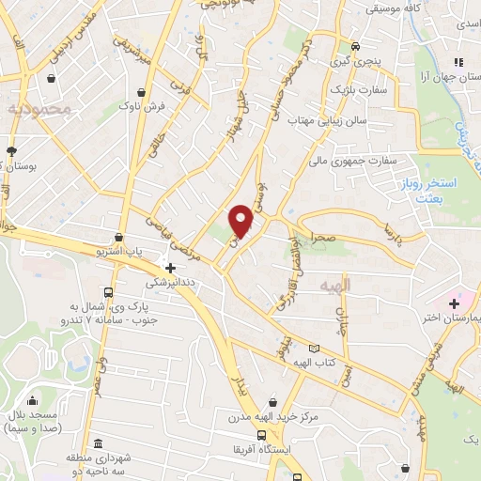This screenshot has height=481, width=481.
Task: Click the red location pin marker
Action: tap(241, 220)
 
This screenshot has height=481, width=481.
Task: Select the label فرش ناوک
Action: tap(142, 108)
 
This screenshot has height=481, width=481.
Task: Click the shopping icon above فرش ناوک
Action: tap(141, 92)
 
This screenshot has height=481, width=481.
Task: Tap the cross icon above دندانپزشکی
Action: tap(169, 268)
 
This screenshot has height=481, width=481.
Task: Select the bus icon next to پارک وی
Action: tap(109, 292)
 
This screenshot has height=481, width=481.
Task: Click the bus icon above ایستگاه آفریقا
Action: tap(261, 435)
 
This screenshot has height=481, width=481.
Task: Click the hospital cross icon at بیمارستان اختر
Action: tap(454, 303)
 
